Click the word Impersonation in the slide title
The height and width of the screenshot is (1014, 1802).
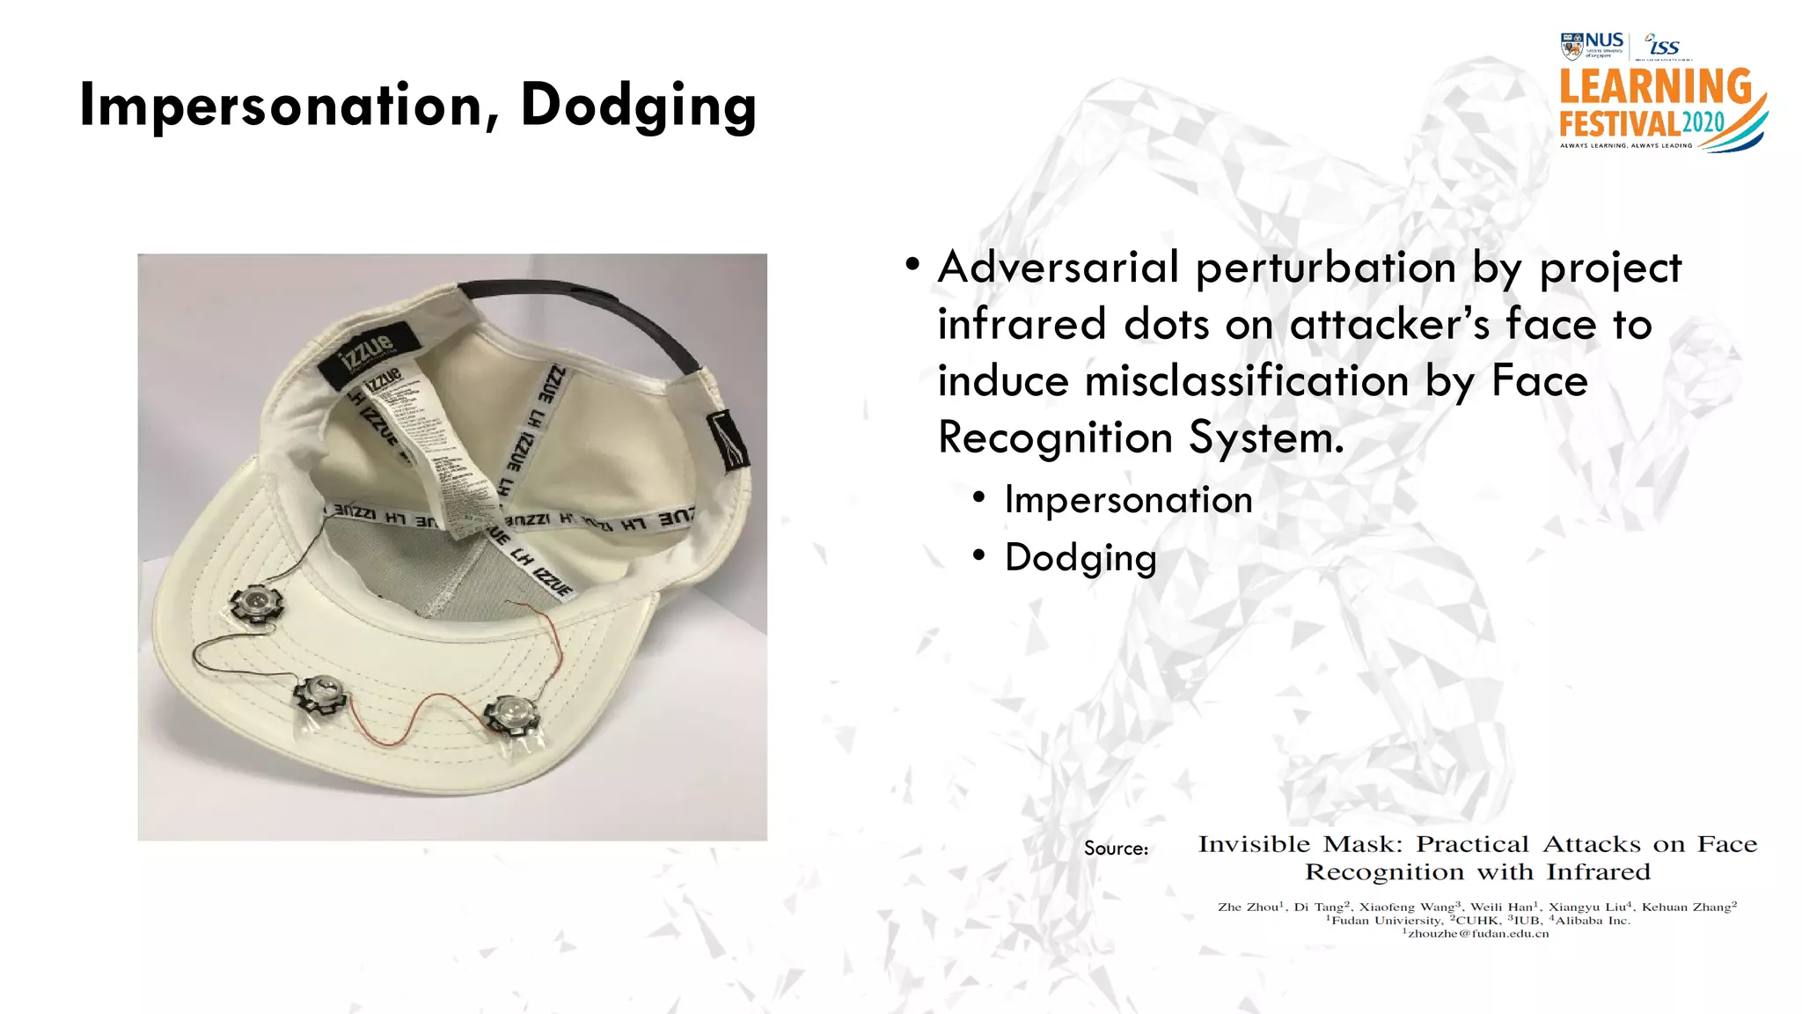[x=280, y=106]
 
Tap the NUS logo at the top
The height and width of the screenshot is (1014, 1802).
[x=1593, y=45]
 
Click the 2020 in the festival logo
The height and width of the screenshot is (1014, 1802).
[x=1703, y=122]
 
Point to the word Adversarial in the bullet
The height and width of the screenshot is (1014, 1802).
[x=1058, y=268]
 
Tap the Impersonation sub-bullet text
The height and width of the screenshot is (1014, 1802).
[x=1128, y=500]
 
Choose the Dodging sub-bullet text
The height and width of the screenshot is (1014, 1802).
[x=1080, y=557]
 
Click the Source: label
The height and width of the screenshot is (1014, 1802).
[x=1116, y=849]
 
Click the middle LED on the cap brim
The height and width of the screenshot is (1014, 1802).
[x=320, y=694]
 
